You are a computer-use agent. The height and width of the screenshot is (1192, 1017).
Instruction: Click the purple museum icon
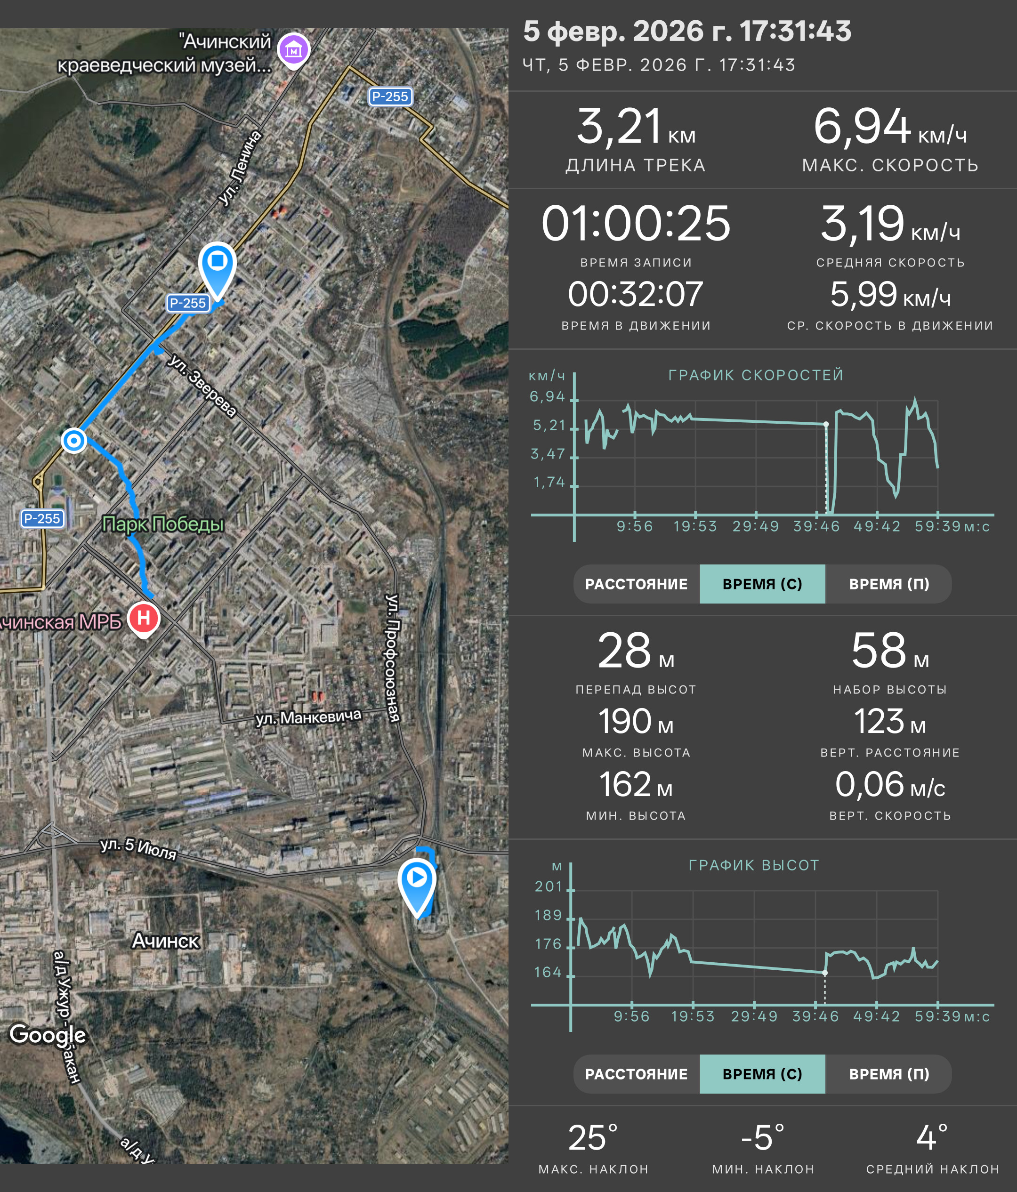pyautogui.click(x=294, y=51)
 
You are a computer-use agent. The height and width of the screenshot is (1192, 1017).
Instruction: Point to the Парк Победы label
pyautogui.click(x=163, y=524)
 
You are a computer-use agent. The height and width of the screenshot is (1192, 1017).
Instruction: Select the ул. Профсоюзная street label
pyautogui.click(x=393, y=658)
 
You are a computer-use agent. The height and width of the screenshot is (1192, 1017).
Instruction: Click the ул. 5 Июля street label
pyautogui.click(x=138, y=848)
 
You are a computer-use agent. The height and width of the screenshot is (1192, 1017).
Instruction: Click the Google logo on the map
pyautogui.click(x=48, y=1034)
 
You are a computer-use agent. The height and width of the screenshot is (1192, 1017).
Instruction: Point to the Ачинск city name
pyautogui.click(x=166, y=941)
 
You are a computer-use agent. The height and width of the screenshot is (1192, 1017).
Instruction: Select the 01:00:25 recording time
pyautogui.click(x=636, y=223)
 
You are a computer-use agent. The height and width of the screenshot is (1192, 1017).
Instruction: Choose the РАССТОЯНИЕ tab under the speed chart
pyautogui.click(x=636, y=584)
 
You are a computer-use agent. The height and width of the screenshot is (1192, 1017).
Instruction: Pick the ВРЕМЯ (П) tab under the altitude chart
pyautogui.click(x=889, y=1074)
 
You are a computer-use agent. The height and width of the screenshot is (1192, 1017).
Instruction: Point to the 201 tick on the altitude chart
pyautogui.click(x=548, y=886)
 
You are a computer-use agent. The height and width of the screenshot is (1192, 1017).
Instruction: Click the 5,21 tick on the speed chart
pyautogui.click(x=549, y=425)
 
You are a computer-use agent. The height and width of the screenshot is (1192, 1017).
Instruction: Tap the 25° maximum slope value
pyautogui.click(x=593, y=1137)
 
